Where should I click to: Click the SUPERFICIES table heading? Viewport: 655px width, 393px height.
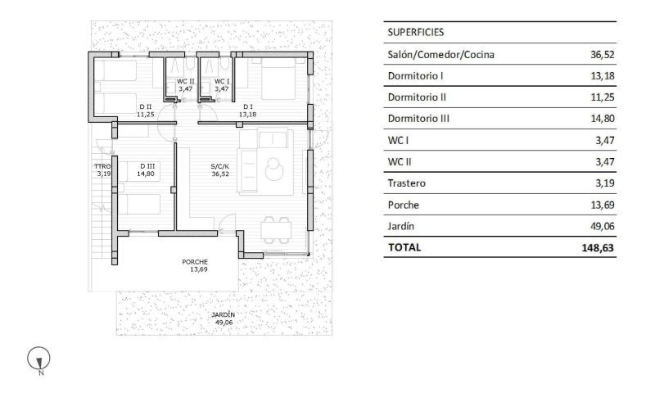coord(415,33)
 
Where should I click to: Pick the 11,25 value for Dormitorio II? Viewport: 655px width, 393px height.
coord(602,97)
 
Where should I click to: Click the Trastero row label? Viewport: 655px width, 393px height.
coord(407,183)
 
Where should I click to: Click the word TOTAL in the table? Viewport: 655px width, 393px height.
coord(404,246)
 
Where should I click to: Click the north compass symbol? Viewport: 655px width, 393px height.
coord(39,358)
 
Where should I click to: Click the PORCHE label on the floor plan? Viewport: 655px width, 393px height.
coord(195,262)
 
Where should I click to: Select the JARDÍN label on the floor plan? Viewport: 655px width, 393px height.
coord(223,315)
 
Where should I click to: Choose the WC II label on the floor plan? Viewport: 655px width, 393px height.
coord(186,81)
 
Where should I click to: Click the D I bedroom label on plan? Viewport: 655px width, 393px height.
coord(247,106)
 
